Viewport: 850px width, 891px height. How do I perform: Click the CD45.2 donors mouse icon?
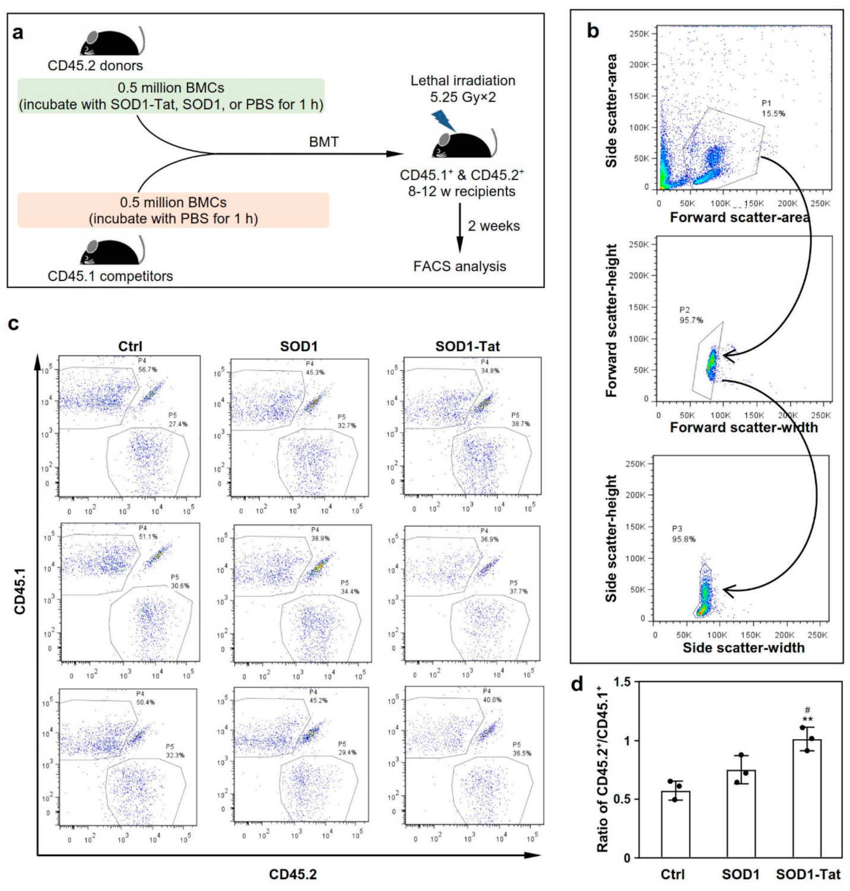(112, 42)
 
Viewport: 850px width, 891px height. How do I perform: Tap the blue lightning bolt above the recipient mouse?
(443, 120)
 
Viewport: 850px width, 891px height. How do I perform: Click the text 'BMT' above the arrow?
(323, 142)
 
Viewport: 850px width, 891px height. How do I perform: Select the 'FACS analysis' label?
(459, 266)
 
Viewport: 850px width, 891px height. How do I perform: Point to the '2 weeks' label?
(493, 226)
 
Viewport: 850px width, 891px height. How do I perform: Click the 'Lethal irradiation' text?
(463, 81)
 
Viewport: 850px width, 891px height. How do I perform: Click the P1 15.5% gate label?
(773, 109)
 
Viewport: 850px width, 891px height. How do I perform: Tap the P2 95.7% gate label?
(691, 315)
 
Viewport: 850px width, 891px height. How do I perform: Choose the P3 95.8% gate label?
(683, 534)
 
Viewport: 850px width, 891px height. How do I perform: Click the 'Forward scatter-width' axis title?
(744, 428)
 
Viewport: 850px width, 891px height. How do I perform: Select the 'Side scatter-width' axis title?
(743, 648)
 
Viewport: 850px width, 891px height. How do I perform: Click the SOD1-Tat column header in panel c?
(468, 346)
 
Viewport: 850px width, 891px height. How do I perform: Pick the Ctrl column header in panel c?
(130, 346)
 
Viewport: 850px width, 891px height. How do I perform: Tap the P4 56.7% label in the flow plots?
(147, 365)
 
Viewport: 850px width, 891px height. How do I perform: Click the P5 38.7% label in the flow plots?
(520, 420)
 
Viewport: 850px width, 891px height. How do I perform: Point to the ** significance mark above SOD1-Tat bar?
(807, 719)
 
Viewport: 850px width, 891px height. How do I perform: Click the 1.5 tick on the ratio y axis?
(622, 683)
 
